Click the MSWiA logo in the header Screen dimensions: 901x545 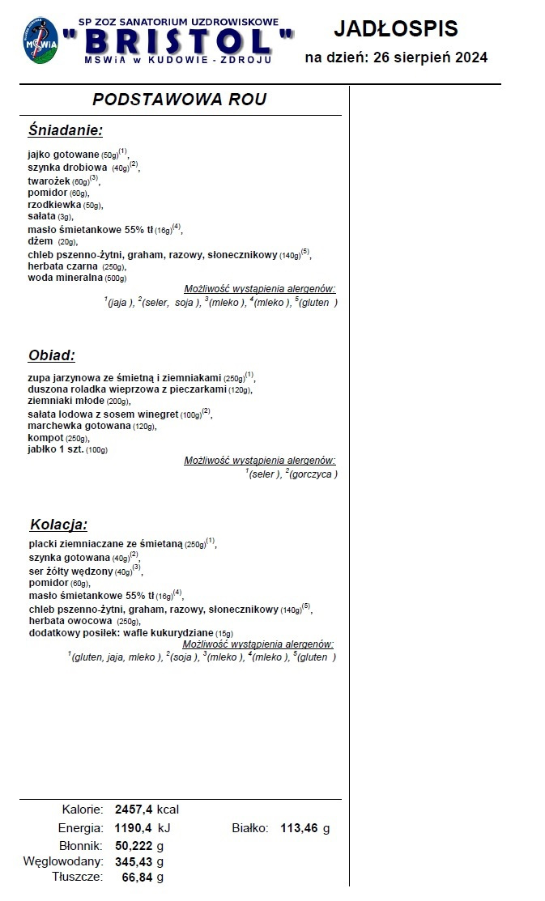tap(39, 41)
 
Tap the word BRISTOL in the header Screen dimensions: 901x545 tap(188, 40)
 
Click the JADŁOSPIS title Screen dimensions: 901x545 tap(396, 29)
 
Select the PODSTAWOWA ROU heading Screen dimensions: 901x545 tap(179, 100)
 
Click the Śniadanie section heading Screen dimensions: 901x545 tap(65, 130)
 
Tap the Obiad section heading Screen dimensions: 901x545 tap(52, 355)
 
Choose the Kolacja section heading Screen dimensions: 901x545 tap(58, 524)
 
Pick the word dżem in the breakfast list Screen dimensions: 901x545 tap(40, 241)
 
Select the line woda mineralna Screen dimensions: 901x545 tap(66, 278)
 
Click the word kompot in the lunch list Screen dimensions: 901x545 tap(45, 437)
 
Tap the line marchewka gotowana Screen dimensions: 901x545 tap(79, 426)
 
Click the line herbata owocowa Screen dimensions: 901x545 tap(71, 621)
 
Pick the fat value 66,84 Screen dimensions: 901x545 tap(137, 877)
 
